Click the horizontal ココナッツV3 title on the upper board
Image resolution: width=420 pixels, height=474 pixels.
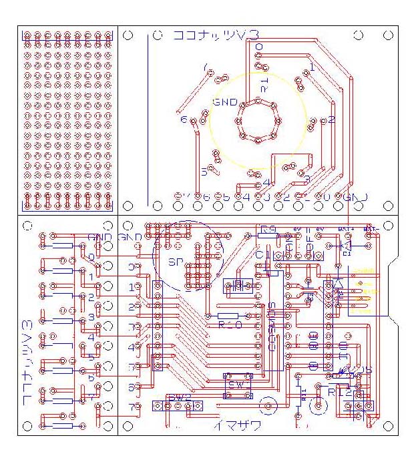click(216, 35)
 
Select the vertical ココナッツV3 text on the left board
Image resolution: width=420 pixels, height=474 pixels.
click(27, 361)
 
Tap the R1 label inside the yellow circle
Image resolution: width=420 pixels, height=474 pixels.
click(265, 85)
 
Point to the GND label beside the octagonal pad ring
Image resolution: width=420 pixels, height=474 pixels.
click(225, 102)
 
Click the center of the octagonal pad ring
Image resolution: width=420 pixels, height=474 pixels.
click(257, 121)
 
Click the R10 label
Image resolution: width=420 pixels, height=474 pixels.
click(230, 325)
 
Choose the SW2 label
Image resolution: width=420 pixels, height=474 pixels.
click(180, 398)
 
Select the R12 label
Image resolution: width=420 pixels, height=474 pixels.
click(339, 393)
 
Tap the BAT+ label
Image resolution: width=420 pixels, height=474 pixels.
click(346, 229)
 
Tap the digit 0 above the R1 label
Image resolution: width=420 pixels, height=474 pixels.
click(259, 46)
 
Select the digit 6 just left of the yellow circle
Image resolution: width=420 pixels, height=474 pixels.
click(184, 120)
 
